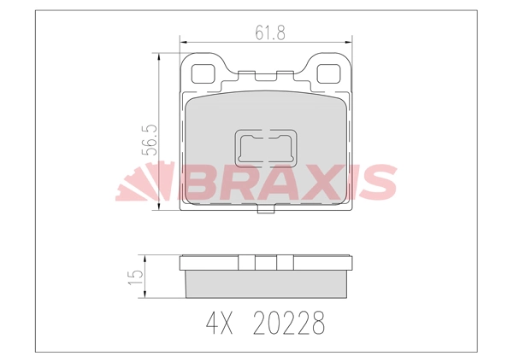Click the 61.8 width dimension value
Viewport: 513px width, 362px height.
tap(269, 32)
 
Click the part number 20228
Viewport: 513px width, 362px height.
tap(289, 324)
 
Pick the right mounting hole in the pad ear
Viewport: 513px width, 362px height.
tap(328, 73)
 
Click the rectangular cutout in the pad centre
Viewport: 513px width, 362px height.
tap(266, 147)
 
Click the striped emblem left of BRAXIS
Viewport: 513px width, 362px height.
tap(142, 183)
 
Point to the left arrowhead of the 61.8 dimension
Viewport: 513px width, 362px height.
tap(181, 40)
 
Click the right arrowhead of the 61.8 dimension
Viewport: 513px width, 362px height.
tap(349, 40)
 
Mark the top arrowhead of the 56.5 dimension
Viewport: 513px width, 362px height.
tap(156, 53)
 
